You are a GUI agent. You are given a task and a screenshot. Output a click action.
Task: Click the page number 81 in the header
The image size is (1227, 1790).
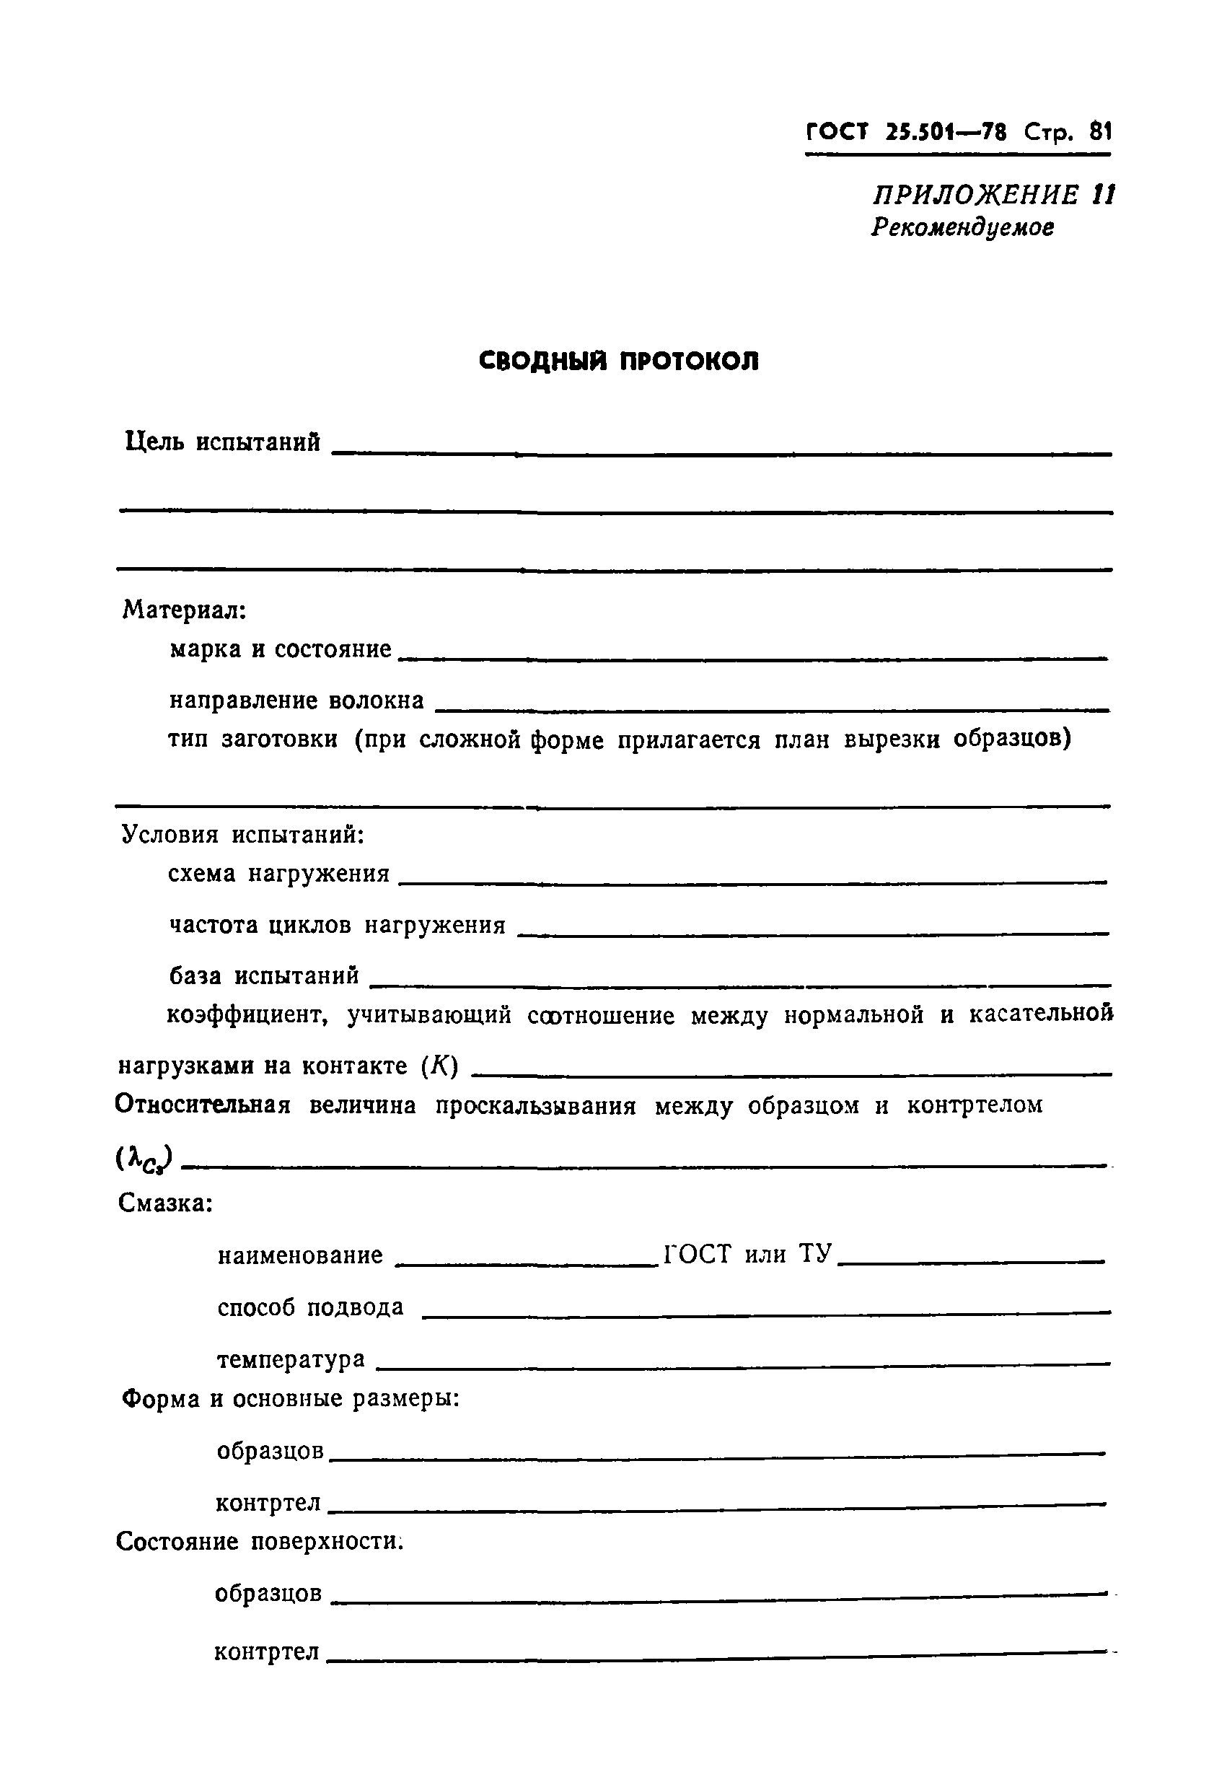point(1100,133)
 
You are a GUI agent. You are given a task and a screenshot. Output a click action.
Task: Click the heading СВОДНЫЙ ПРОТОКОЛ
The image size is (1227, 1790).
point(618,361)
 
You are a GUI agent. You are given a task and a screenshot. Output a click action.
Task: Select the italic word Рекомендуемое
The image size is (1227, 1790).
point(963,228)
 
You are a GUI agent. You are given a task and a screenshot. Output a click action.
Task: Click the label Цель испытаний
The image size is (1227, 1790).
point(223,442)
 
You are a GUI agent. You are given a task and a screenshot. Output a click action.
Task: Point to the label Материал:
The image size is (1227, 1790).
point(184,610)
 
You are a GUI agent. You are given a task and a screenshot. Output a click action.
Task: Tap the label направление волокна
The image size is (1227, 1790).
point(296,700)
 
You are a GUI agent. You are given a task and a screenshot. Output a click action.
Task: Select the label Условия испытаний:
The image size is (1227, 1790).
point(242,834)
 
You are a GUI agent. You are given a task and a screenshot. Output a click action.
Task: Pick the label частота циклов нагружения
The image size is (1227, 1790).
point(338,924)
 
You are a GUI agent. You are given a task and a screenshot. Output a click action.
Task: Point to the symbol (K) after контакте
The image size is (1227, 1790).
point(440,1066)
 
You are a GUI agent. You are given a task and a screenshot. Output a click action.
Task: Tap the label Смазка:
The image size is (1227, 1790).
point(165,1203)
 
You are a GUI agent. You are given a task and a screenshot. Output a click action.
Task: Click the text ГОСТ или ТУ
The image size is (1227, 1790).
point(748,1255)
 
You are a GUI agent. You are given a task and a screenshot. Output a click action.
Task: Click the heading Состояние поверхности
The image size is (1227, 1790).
point(260,1540)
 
